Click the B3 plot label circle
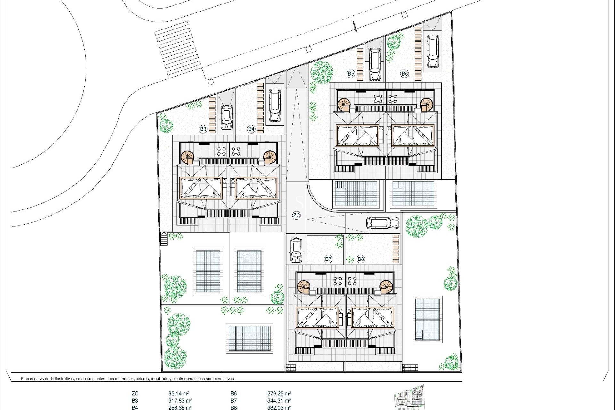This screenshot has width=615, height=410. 203,129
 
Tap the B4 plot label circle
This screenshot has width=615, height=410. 251,129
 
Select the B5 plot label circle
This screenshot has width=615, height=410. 351,74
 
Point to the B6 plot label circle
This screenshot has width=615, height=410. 405,74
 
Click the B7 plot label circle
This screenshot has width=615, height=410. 328,259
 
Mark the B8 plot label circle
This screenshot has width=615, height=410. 361,259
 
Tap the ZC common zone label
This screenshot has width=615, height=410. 297,215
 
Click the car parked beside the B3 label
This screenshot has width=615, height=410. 226,117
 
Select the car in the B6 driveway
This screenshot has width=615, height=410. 432,51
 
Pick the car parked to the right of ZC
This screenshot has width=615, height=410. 383,223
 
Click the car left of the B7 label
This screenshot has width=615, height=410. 296,250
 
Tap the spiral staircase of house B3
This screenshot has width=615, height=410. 188,157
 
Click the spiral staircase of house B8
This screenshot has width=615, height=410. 386,286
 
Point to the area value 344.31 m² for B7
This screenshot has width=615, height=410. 279,400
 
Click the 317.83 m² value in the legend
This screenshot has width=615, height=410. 180,400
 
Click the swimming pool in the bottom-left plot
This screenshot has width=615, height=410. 250,338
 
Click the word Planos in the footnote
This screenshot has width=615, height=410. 28,379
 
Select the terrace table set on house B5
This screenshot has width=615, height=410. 378,98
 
